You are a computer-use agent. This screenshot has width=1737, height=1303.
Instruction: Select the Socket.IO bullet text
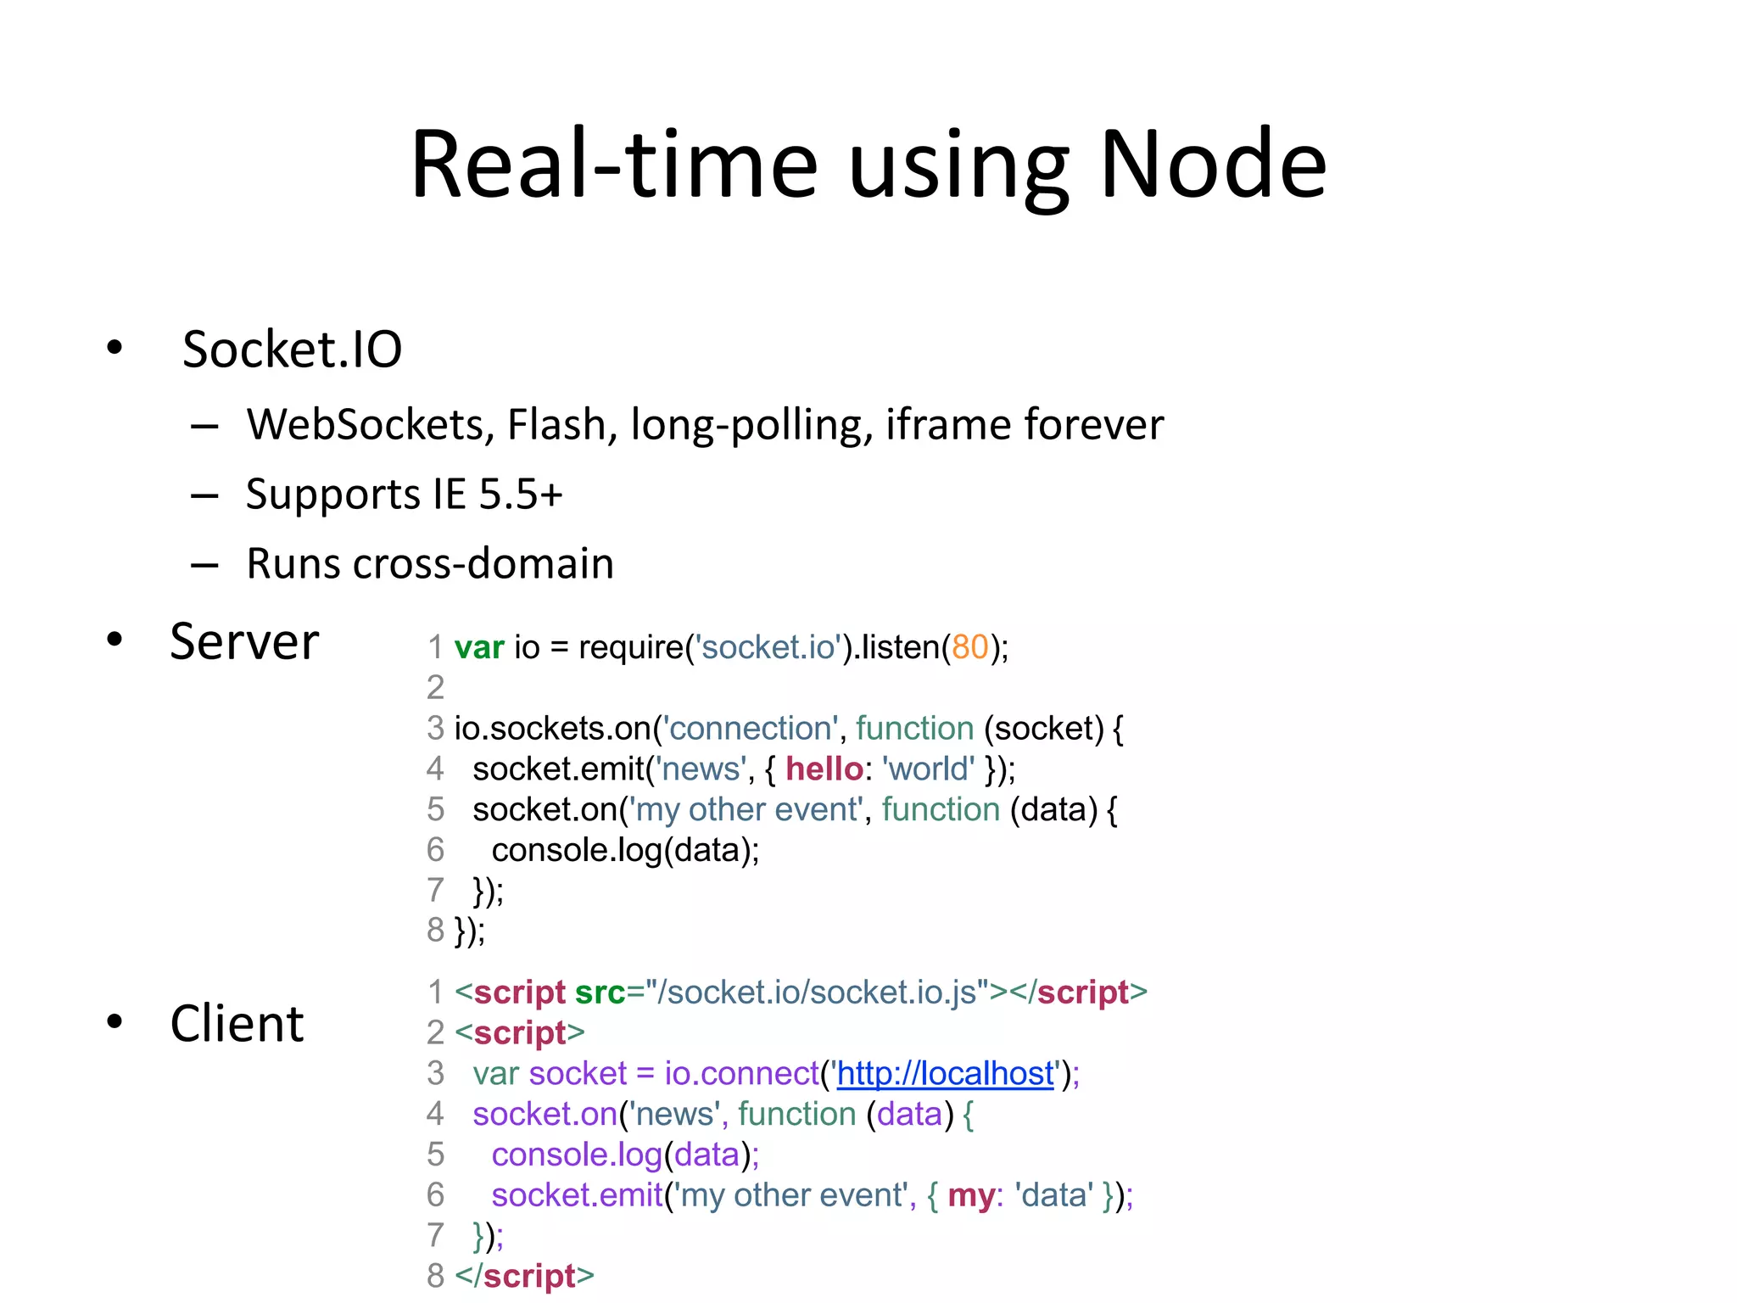[292, 350]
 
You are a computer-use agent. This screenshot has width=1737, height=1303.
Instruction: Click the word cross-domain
[483, 563]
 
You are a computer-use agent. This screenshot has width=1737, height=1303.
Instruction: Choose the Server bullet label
[244, 641]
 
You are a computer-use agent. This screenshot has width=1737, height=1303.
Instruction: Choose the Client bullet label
[237, 1023]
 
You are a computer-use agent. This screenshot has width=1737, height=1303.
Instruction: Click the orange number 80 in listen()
[970, 647]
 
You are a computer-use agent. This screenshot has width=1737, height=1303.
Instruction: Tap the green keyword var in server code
[479, 647]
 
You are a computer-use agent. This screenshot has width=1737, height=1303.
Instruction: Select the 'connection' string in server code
[750, 729]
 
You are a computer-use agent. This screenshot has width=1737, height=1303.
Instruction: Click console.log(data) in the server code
[624, 850]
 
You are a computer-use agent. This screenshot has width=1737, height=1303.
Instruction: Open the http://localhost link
[945, 1074]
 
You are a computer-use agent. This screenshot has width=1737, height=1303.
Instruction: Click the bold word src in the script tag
[600, 993]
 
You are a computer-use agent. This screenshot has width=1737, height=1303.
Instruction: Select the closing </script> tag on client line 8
[524, 1276]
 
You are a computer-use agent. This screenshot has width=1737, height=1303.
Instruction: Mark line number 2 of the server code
[435, 687]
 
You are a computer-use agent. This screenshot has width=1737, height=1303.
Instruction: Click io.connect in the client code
[741, 1074]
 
